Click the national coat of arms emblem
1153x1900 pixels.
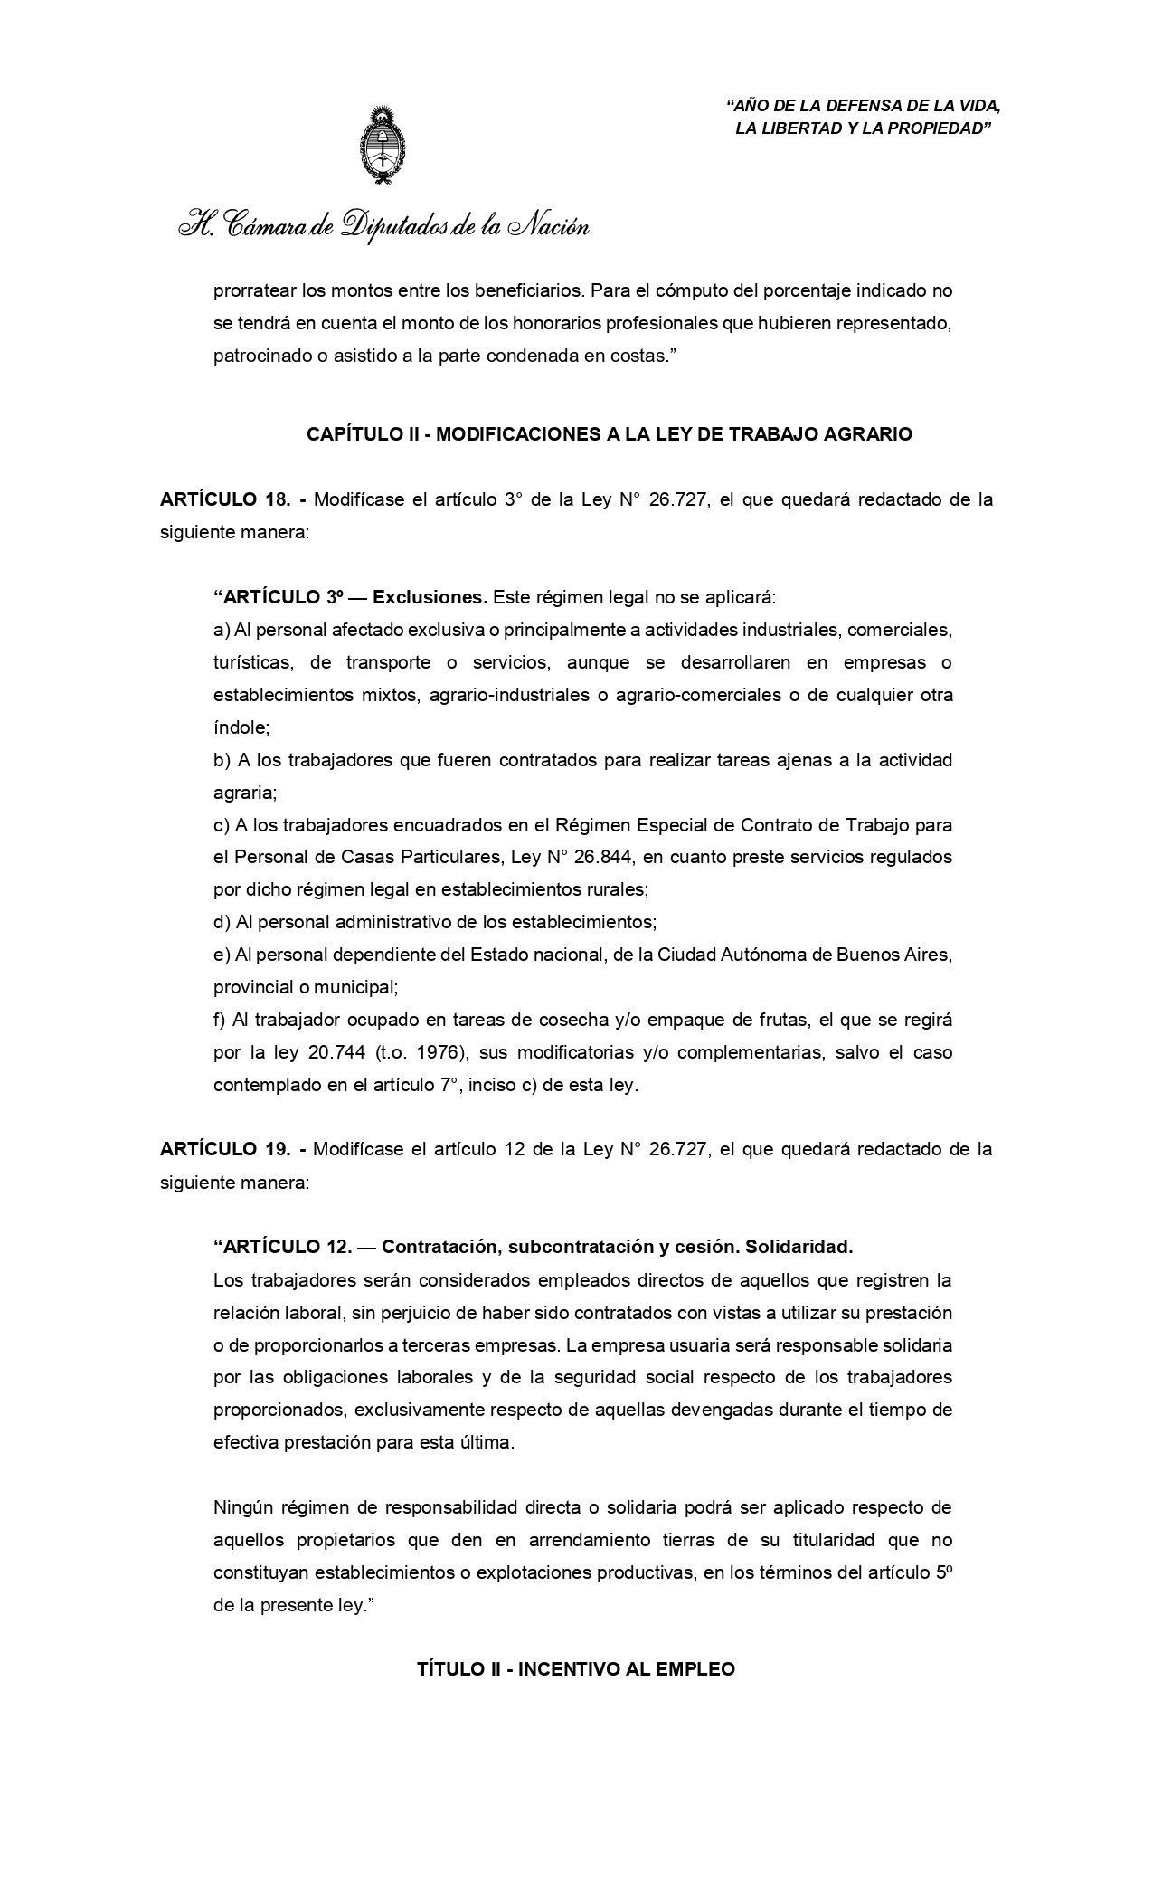click(383, 147)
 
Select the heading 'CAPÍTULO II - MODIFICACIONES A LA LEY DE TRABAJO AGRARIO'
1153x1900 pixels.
click(610, 434)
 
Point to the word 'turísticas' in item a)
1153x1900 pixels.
click(252, 662)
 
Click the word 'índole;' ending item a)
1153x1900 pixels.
click(241, 727)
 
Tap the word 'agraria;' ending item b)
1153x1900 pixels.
click(245, 793)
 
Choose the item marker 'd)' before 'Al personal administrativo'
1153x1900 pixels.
click(222, 923)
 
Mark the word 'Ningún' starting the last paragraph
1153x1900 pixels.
click(243, 1507)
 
